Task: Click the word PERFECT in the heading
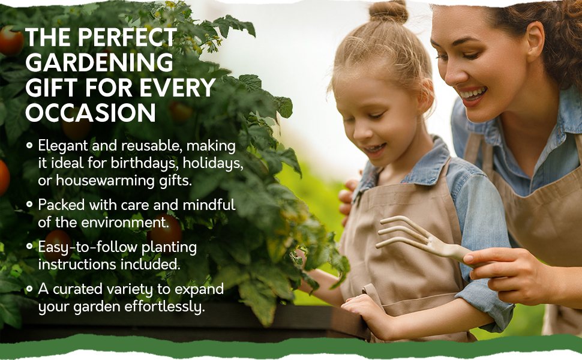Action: pyautogui.click(x=127, y=37)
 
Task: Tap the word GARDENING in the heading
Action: pyautogui.click(x=99, y=62)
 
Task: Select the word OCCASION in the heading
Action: pyautogui.click(x=91, y=113)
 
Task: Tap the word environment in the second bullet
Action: pyautogui.click(x=125, y=223)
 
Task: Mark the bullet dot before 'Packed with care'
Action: pyautogui.click(x=29, y=204)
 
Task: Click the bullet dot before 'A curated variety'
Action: pyautogui.click(x=29, y=289)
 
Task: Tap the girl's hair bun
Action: pyautogui.click(x=388, y=11)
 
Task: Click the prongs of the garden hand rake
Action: pyautogui.click(x=403, y=232)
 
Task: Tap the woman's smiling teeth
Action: pyautogui.click(x=473, y=93)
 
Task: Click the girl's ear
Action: pyautogui.click(x=426, y=97)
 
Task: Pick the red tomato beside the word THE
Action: pyautogui.click(x=10, y=40)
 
